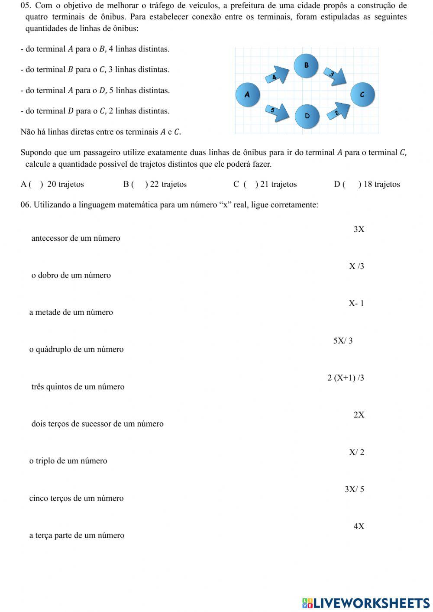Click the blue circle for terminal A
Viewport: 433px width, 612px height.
coord(248,94)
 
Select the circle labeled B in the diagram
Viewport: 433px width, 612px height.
coord(306,65)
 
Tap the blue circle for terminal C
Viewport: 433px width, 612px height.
coord(362,94)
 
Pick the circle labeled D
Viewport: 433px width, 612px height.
coord(307,116)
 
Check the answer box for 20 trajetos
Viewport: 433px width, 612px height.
coord(36,185)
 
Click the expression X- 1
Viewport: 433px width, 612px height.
coord(356,303)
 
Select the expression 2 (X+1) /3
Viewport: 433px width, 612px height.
coord(346,378)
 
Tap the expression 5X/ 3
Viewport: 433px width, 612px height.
coord(343,341)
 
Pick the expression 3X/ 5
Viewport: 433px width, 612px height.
coord(354,489)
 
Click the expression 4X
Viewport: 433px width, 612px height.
coord(359,527)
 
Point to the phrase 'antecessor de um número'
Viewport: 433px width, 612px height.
coord(76,238)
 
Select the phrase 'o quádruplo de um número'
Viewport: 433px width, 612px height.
coord(76,350)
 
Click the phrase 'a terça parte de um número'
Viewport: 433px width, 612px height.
coord(77,535)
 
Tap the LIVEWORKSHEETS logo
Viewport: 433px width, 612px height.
coord(366,602)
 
